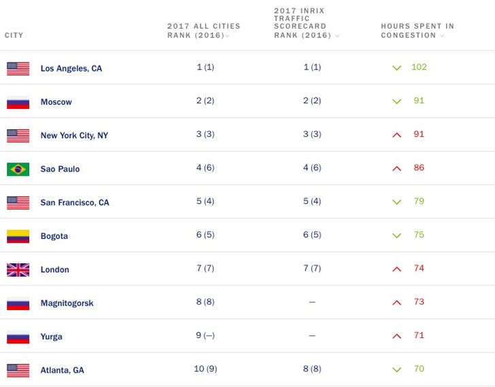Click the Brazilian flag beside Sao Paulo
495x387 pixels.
pos(18,169)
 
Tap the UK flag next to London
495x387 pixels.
pos(18,269)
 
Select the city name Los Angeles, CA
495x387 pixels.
pos(71,69)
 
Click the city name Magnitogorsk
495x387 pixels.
pos(67,303)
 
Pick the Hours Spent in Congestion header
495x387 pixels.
pos(417,31)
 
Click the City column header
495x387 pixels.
pos(14,35)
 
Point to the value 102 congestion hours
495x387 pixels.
pos(419,67)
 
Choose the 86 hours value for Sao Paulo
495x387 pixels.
pos(419,167)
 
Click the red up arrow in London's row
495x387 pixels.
pos(397,269)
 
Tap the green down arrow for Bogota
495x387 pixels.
pos(397,235)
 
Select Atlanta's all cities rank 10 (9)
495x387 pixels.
pos(205,369)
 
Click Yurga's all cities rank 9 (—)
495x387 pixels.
pos(205,335)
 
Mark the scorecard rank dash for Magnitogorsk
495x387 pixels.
pos(312,302)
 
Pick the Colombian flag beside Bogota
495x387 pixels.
pos(18,236)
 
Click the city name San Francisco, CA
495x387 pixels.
pos(75,203)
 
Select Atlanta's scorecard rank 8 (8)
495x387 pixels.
pos(312,369)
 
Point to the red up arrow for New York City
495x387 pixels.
pos(397,135)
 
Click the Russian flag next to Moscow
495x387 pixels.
pos(18,102)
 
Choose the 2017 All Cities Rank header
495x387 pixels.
pos(203,31)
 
